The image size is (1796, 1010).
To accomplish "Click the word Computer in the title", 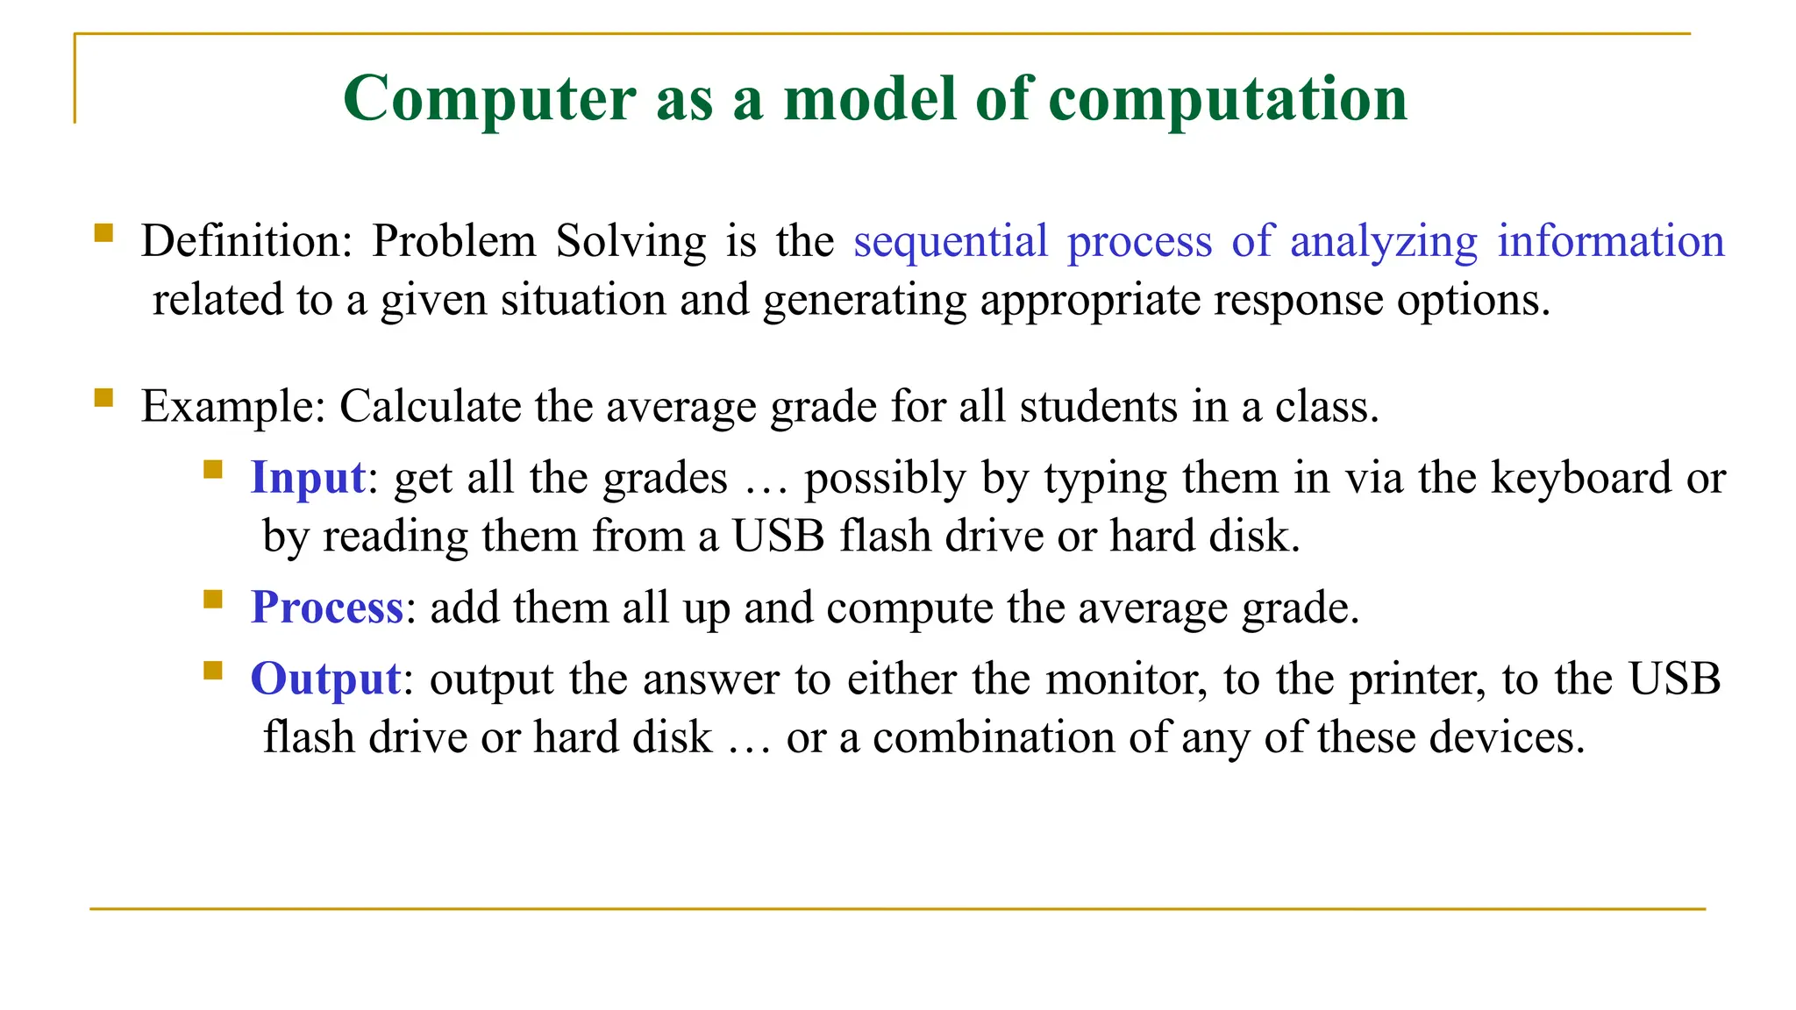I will (489, 99).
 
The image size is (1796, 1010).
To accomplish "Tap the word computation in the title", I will (1228, 99).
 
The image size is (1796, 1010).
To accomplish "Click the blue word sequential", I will (951, 241).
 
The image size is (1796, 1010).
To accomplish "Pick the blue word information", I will (1610, 241).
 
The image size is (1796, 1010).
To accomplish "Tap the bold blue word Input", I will (308, 479).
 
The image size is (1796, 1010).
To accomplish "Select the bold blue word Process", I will (326, 608).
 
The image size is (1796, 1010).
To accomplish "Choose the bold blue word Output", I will (325, 679).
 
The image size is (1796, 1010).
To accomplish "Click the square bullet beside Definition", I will (103, 232).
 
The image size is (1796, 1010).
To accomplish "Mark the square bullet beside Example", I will (103, 398).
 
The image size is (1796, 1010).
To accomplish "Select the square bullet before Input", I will (212, 470).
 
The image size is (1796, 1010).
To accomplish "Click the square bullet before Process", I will (212, 599).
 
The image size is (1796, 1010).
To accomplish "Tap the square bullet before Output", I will (212, 671).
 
